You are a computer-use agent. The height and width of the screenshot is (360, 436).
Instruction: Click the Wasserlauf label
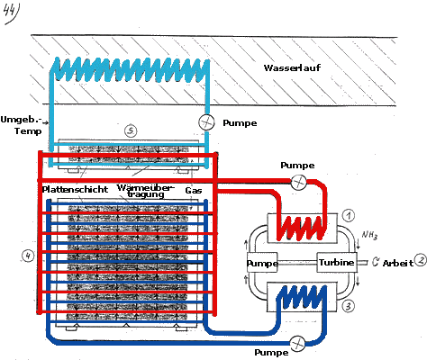(292, 67)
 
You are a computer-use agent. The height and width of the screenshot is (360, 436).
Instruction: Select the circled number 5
(131, 130)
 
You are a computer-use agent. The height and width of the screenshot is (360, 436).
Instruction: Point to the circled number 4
(28, 256)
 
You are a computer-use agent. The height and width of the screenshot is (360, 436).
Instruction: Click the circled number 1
(348, 215)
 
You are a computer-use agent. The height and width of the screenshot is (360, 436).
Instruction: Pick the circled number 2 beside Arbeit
(421, 260)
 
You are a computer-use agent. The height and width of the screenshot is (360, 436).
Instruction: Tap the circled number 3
(348, 306)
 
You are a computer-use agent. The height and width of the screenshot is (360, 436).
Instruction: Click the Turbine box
(337, 263)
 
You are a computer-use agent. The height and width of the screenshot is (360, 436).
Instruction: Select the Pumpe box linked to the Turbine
(262, 263)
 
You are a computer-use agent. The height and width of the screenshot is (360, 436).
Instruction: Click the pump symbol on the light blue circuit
(206, 122)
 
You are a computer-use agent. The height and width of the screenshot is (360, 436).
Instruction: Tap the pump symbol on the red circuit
(298, 182)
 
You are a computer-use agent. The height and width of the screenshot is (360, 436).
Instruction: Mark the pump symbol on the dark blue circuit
(298, 343)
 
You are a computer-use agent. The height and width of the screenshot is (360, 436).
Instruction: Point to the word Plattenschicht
(75, 190)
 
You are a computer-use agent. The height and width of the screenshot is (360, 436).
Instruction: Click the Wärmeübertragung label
(146, 191)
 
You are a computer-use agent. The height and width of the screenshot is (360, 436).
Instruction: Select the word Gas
(194, 190)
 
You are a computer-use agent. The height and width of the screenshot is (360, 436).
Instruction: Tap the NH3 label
(369, 235)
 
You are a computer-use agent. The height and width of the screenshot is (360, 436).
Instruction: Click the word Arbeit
(398, 263)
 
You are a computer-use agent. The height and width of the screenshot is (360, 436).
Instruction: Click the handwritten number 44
(11, 14)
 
